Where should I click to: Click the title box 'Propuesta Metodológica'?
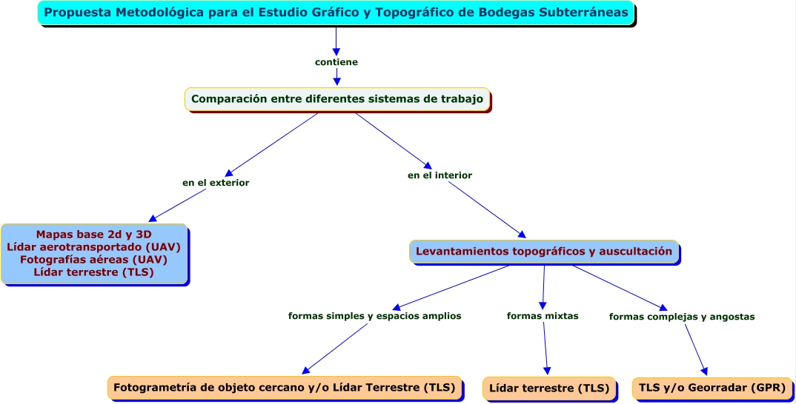[336, 13]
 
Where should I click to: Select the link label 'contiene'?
[336, 62]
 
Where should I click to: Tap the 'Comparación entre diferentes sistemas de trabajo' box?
[337, 98]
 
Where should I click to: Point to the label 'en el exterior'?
[216, 182]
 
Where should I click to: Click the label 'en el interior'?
[440, 175]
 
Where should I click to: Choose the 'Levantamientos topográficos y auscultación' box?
[543, 252]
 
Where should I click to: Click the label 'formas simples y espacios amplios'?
[374, 316]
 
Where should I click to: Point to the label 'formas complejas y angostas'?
[682, 317]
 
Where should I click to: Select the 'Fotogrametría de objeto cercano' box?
[285, 387]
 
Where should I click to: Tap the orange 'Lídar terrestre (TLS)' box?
[549, 388]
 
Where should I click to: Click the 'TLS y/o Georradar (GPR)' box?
[712, 388]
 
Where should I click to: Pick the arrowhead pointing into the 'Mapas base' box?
[153, 218]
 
